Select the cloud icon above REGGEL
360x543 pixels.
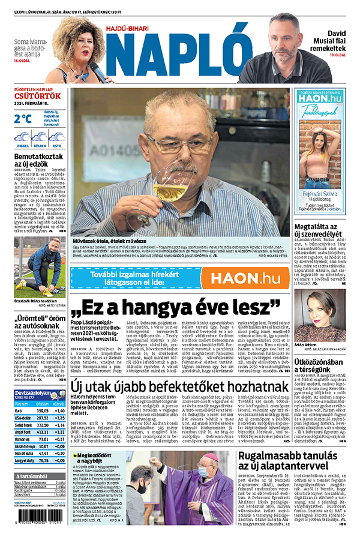point(23,137)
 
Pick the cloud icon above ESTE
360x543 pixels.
point(57,137)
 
